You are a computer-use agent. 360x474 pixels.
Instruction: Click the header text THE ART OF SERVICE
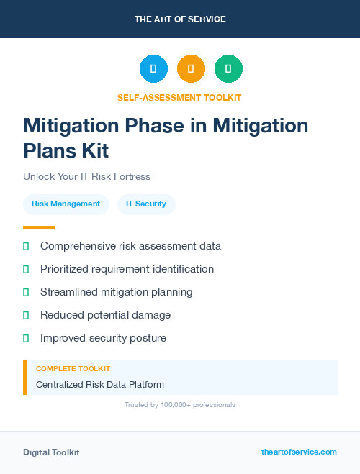point(180,19)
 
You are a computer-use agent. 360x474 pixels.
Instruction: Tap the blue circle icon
point(153,69)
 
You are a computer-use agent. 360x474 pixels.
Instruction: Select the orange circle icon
point(191,69)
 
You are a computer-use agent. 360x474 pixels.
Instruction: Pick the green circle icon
point(228,69)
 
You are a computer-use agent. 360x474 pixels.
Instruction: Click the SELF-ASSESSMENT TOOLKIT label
point(179,97)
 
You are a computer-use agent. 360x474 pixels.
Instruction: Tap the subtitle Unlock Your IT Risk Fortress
point(86,176)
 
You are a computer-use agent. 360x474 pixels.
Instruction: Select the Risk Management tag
point(66,204)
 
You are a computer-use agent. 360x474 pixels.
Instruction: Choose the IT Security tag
point(146,204)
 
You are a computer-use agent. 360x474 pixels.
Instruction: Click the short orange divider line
point(39,227)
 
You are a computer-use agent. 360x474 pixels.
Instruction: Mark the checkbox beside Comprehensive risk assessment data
point(26,246)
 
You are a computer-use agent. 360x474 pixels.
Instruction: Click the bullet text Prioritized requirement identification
point(127,269)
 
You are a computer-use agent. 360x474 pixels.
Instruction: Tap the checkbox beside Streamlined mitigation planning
point(26,292)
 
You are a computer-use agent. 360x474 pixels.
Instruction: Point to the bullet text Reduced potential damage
point(105,315)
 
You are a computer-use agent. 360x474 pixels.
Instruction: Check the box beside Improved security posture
point(26,338)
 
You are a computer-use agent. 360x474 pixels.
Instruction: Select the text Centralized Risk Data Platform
point(100,384)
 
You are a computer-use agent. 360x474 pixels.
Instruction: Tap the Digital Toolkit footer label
point(51,452)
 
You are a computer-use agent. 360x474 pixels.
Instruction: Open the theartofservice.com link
point(299,452)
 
